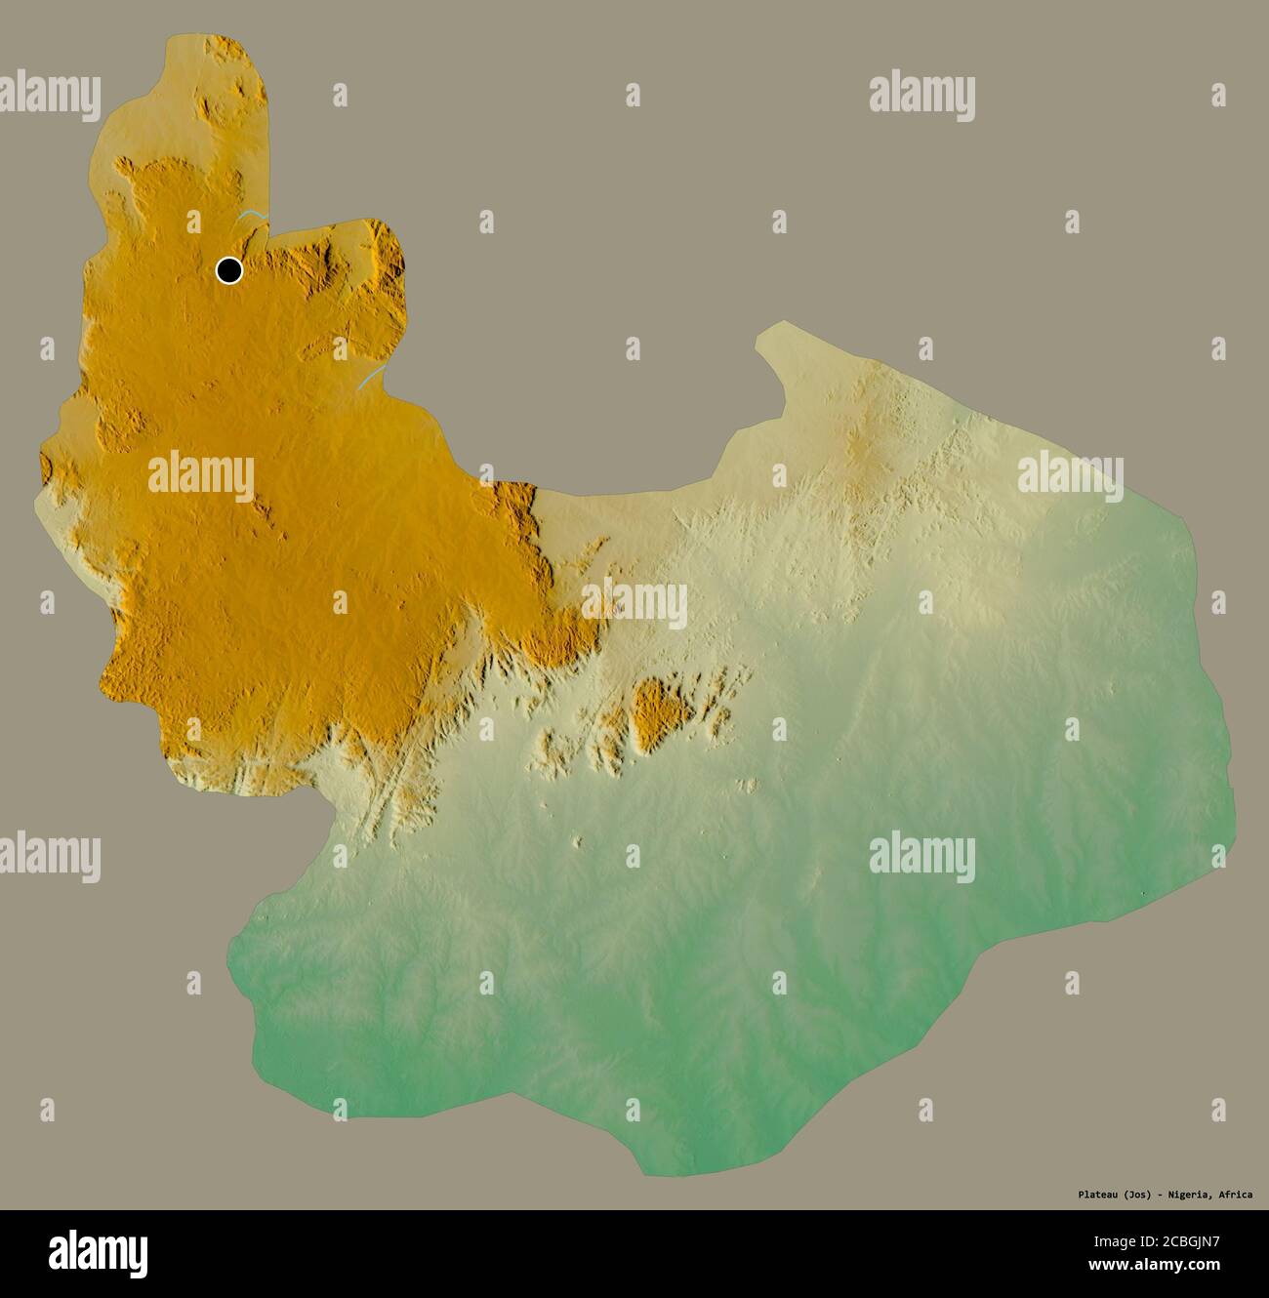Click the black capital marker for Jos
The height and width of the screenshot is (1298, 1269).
[x=229, y=269]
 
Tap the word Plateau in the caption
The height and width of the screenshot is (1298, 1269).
[x=1099, y=1194]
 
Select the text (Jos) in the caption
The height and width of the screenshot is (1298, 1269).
[x=1139, y=1194]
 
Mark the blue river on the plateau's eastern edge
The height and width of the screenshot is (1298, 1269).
[x=370, y=379]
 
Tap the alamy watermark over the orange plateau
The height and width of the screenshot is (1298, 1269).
[x=201, y=475]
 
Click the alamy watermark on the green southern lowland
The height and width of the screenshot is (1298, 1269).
[x=921, y=854]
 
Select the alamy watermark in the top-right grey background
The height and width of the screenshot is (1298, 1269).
[x=921, y=95]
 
